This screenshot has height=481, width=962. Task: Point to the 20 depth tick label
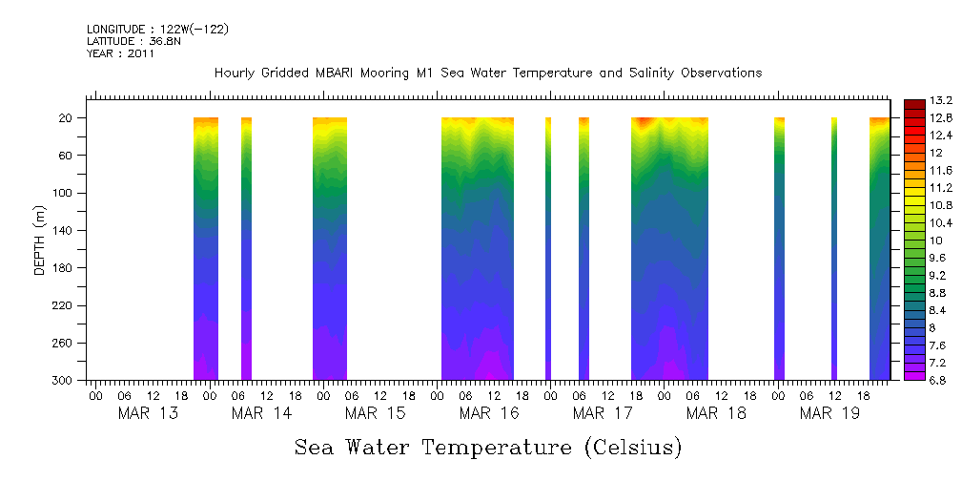click(x=67, y=118)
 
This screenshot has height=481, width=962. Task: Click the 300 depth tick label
click(x=64, y=380)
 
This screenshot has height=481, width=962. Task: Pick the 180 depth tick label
click(x=64, y=268)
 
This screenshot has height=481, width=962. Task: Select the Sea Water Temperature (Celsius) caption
click(x=488, y=448)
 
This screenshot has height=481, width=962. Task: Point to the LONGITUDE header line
click(x=157, y=30)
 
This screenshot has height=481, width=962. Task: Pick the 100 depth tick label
click(x=64, y=193)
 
